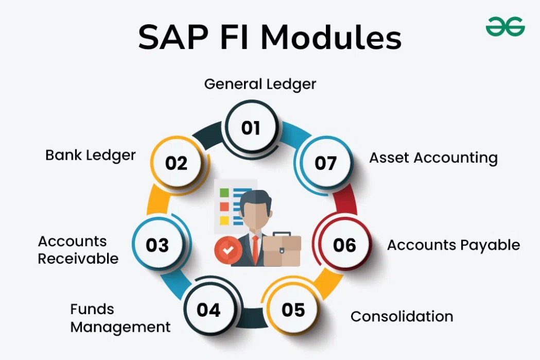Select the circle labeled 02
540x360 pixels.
click(x=176, y=163)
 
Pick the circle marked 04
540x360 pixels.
click(x=208, y=310)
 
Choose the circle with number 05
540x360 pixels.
click(x=293, y=310)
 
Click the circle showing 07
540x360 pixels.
click(x=325, y=163)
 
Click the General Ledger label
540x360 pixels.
click(x=260, y=84)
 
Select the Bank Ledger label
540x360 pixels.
click(x=91, y=155)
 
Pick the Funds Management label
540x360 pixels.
click(x=120, y=318)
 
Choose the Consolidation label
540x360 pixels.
click(x=402, y=316)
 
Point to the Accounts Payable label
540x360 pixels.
click(x=454, y=245)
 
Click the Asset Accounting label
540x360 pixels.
click(x=433, y=158)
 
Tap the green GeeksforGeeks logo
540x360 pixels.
click(x=505, y=26)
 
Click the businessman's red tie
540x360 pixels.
click(x=255, y=247)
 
